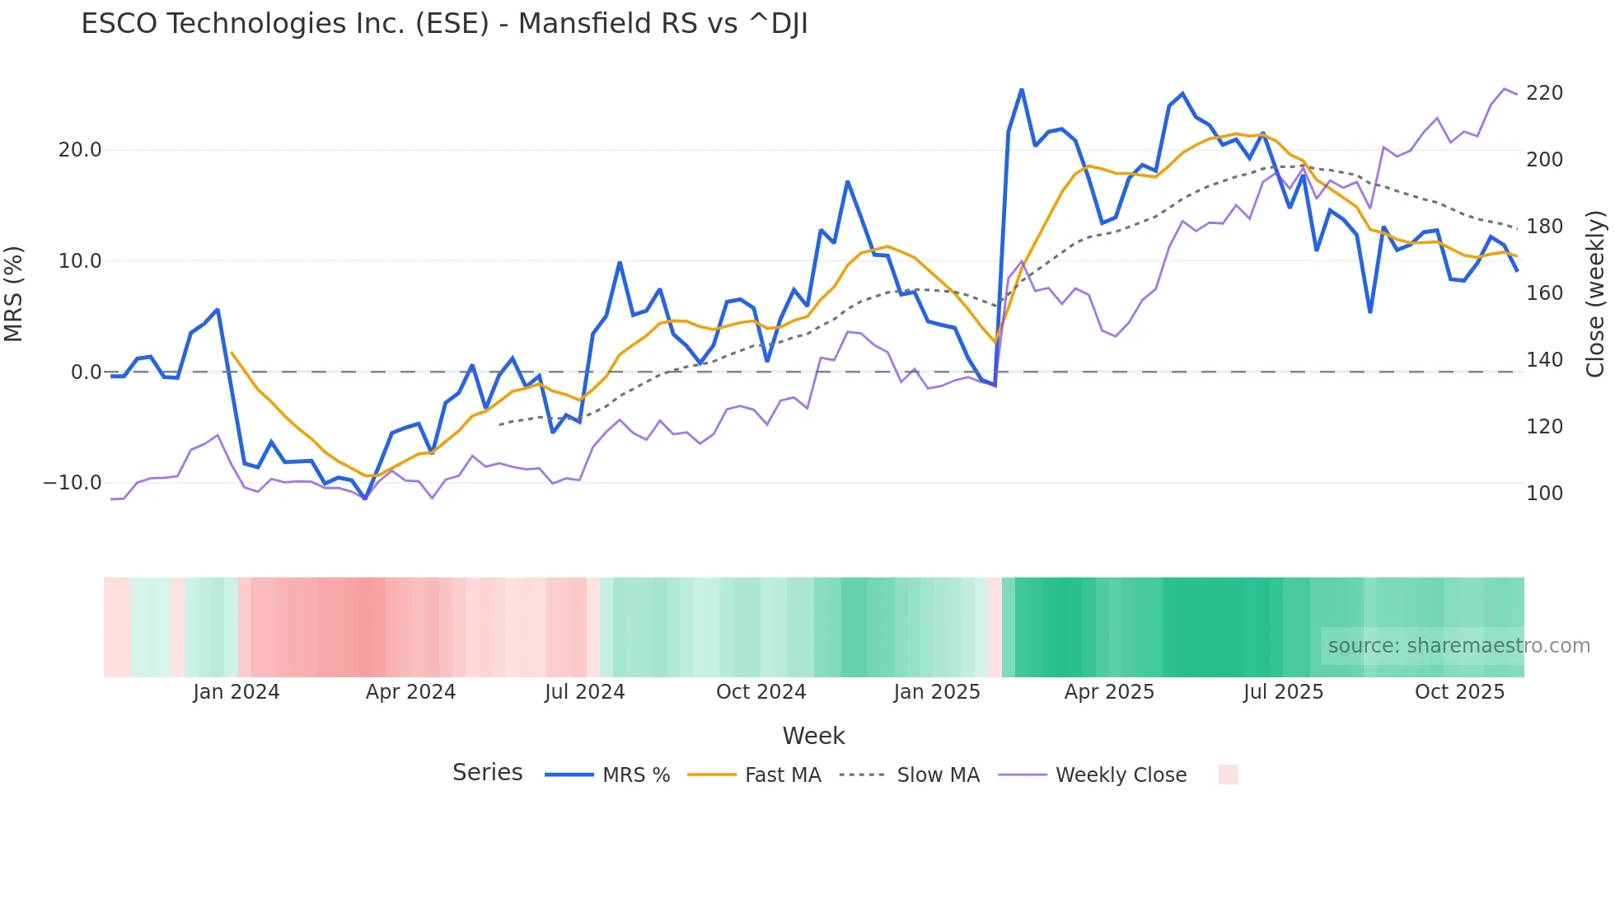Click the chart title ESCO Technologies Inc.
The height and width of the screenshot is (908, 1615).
pyautogui.click(x=444, y=24)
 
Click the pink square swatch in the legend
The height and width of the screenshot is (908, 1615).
pyautogui.click(x=1228, y=775)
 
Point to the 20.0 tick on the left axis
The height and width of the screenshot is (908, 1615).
pyautogui.click(x=80, y=150)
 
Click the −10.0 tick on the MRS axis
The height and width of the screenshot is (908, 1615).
pyautogui.click(x=73, y=483)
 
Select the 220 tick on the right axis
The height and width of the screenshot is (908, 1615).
pyautogui.click(x=1544, y=93)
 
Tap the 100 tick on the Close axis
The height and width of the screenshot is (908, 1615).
pyautogui.click(x=1544, y=494)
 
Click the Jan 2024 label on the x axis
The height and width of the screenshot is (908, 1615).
pyautogui.click(x=236, y=692)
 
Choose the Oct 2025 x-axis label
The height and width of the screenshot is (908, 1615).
pyautogui.click(x=1459, y=692)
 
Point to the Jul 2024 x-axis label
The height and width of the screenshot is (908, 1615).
pyautogui.click(x=584, y=692)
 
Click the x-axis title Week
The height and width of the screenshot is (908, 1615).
pyautogui.click(x=813, y=736)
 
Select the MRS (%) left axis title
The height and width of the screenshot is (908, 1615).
pyautogui.click(x=14, y=293)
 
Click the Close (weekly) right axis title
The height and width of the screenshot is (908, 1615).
pyautogui.click(x=1595, y=293)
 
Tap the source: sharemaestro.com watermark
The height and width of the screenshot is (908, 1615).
pyautogui.click(x=1458, y=646)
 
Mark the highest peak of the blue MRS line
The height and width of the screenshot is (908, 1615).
pyautogui.click(x=1022, y=90)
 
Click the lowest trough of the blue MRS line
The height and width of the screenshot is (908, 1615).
pyautogui.click(x=365, y=498)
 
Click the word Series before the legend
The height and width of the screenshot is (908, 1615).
pyautogui.click(x=487, y=773)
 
